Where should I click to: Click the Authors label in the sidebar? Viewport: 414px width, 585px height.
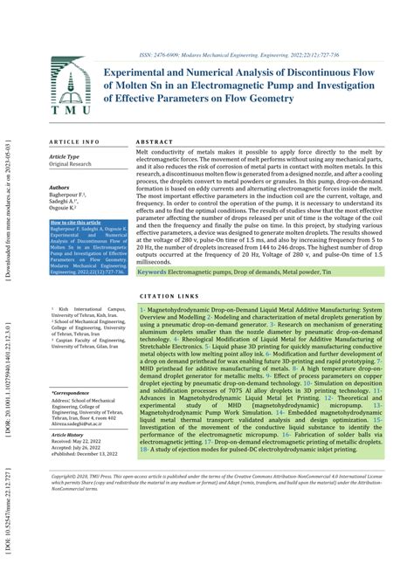(59, 187)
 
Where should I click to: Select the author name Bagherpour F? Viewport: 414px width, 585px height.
(71, 196)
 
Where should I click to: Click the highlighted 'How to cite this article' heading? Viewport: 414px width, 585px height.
(79, 223)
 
